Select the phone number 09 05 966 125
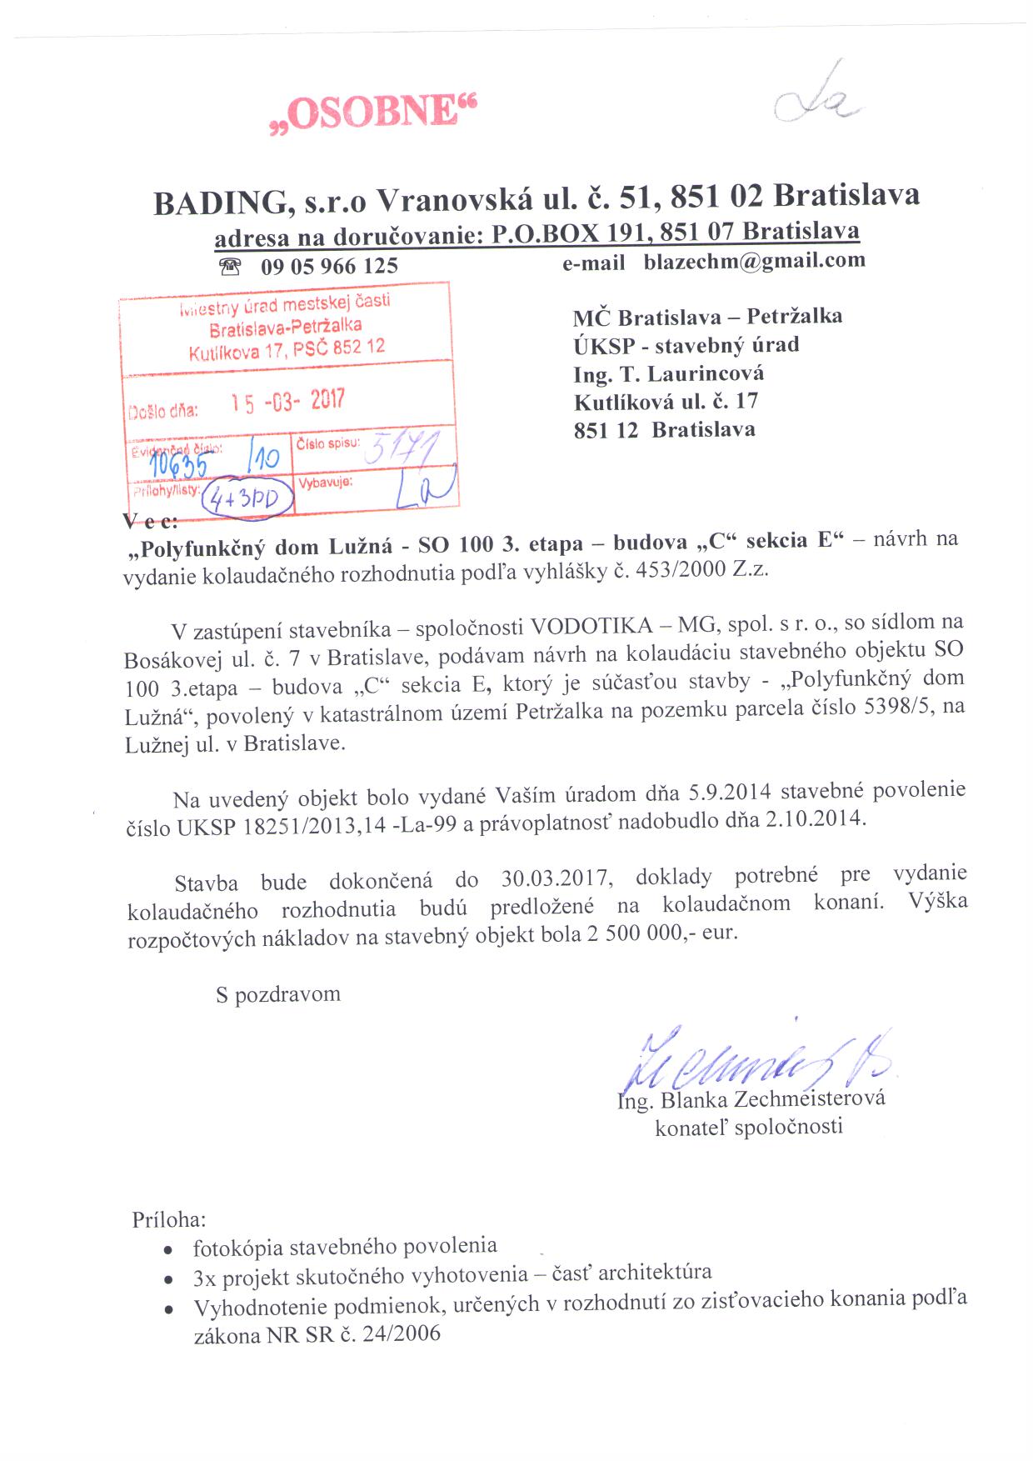[x=329, y=267]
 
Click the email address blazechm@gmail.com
[x=754, y=261]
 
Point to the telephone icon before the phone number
[x=229, y=267]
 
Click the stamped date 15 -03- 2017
[x=287, y=402]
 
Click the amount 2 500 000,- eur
[x=661, y=933]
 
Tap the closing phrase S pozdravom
[x=278, y=994]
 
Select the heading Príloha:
[x=169, y=1219]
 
